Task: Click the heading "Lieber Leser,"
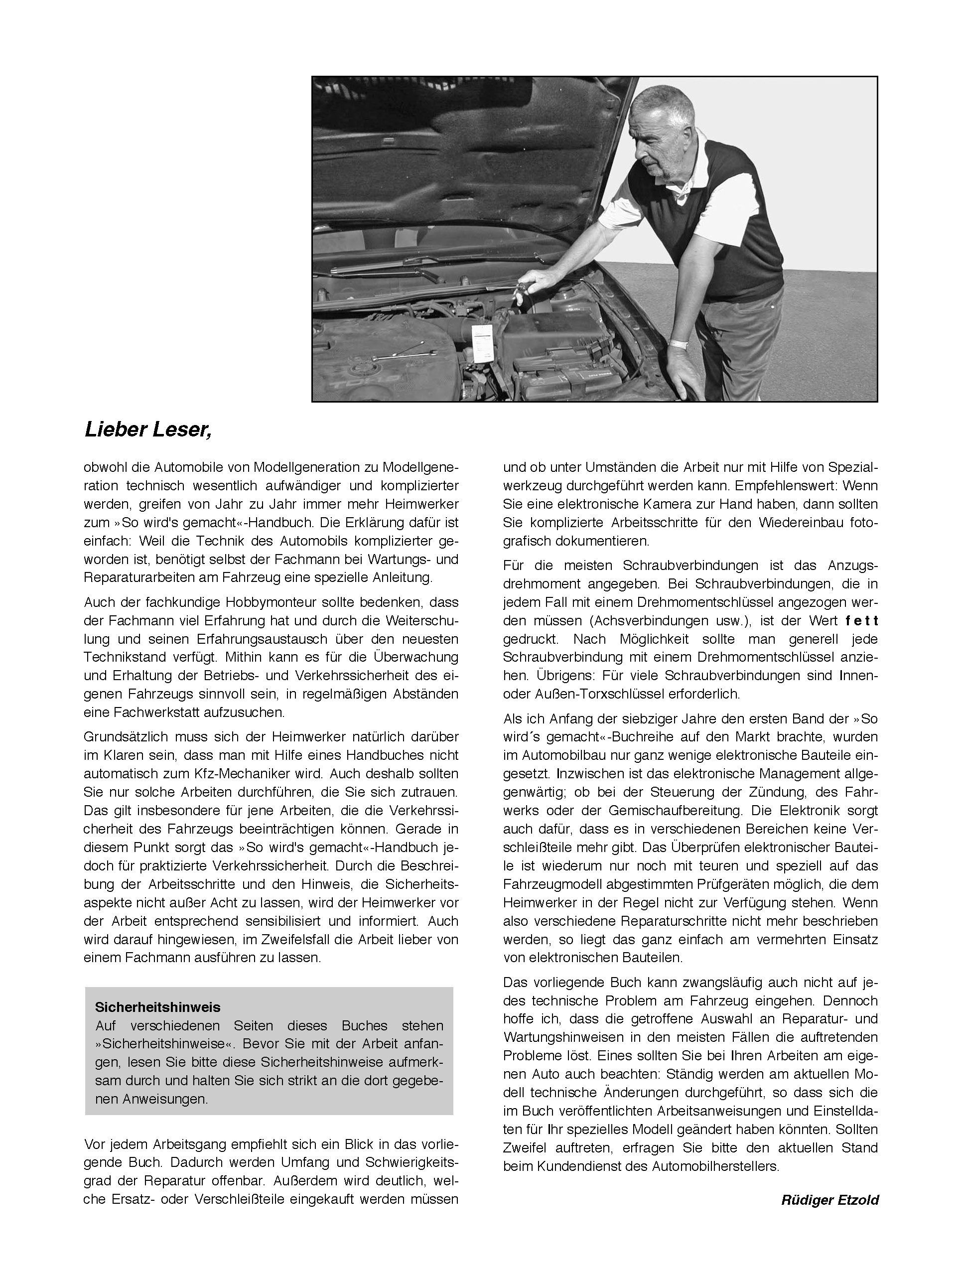coord(148,429)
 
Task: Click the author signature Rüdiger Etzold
coord(829,1200)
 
